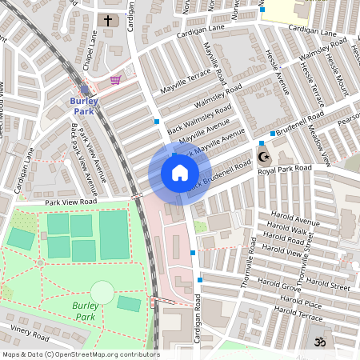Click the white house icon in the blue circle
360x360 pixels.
click(180, 173)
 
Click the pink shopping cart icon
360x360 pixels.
click(116, 80)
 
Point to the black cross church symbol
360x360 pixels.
click(108, 20)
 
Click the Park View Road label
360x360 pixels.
click(70, 202)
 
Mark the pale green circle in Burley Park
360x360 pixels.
click(102, 292)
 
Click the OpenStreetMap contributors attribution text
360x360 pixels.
click(80, 354)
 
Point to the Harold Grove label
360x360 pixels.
click(279, 282)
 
